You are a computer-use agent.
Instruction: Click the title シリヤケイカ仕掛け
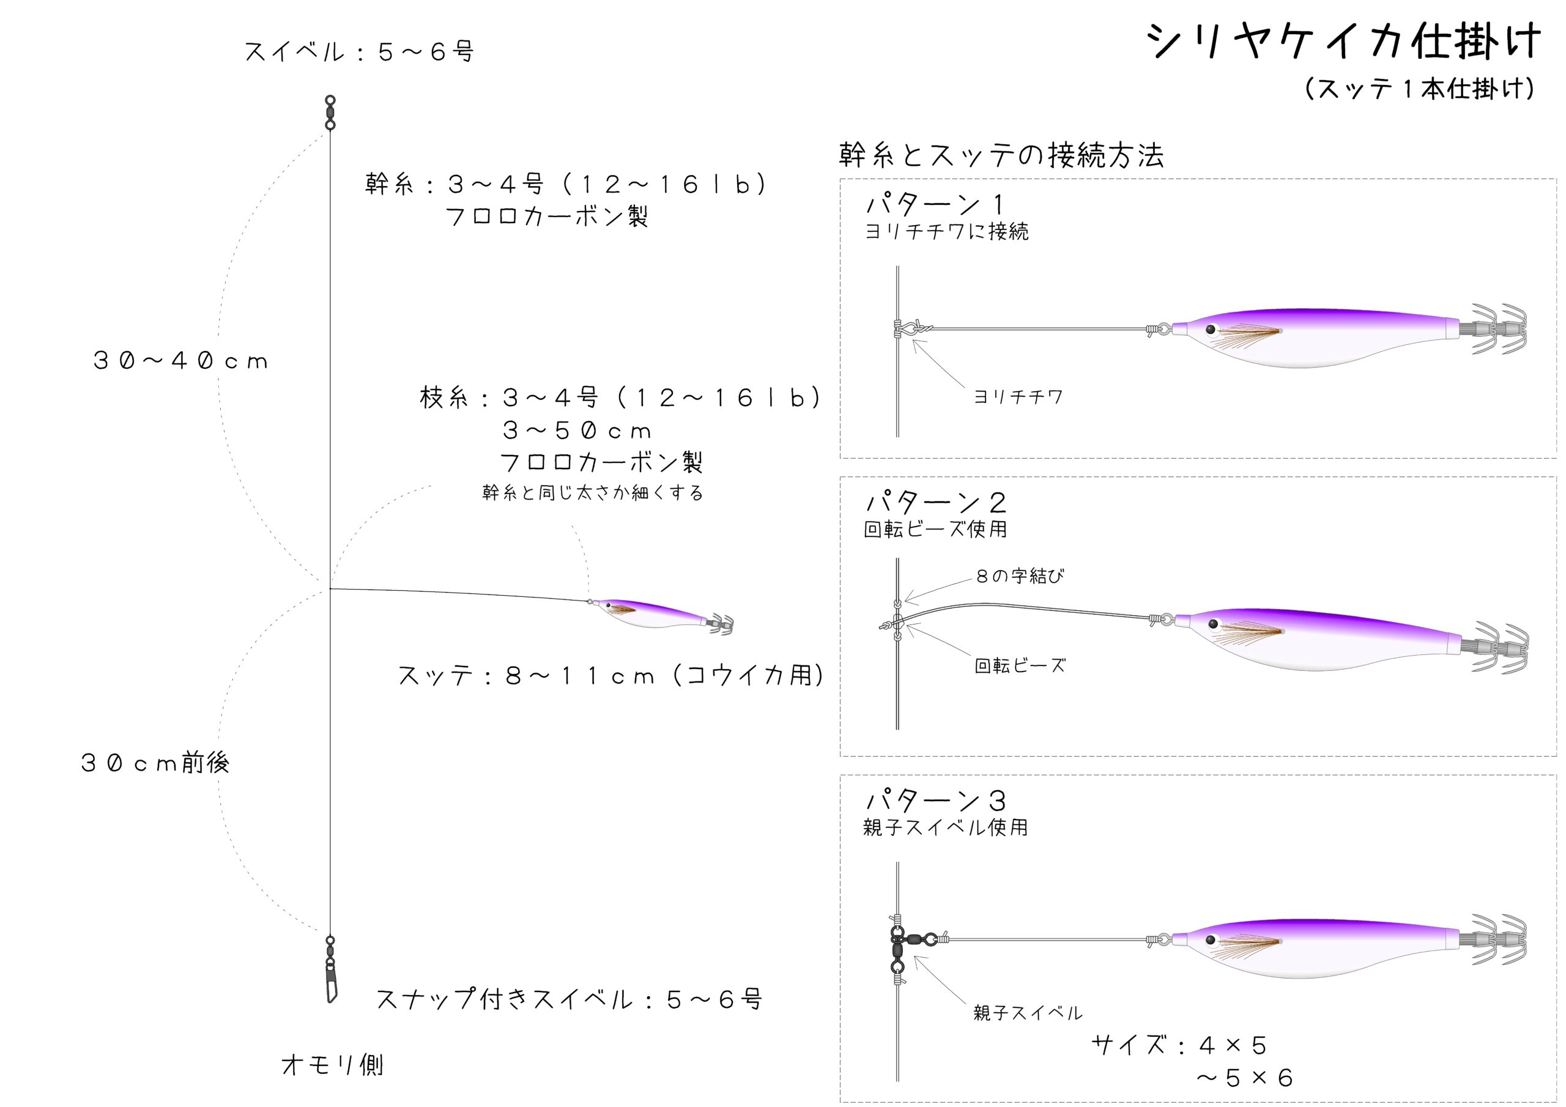tap(1343, 42)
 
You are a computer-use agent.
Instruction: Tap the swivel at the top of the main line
tap(330, 113)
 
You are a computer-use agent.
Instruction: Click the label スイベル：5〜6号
tap(360, 51)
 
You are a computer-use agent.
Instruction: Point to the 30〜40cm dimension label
tap(180, 361)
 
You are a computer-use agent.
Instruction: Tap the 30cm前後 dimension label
tap(155, 763)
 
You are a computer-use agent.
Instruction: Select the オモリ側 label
tap(332, 1065)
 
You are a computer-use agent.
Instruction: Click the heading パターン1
tap(935, 204)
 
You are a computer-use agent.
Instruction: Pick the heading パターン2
tap(935, 503)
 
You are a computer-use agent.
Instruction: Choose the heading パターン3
tap(935, 800)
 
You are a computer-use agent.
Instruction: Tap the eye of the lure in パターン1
tap(1211, 330)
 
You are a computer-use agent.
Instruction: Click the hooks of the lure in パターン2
tap(1496, 647)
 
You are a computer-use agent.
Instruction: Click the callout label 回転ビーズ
tap(1020, 665)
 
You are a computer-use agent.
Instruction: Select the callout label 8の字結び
tap(1020, 576)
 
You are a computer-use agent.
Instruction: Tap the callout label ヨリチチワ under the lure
tap(1018, 397)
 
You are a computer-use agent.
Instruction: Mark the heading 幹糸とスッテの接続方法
tap(1001, 155)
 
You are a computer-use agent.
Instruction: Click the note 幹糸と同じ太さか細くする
tap(592, 492)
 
